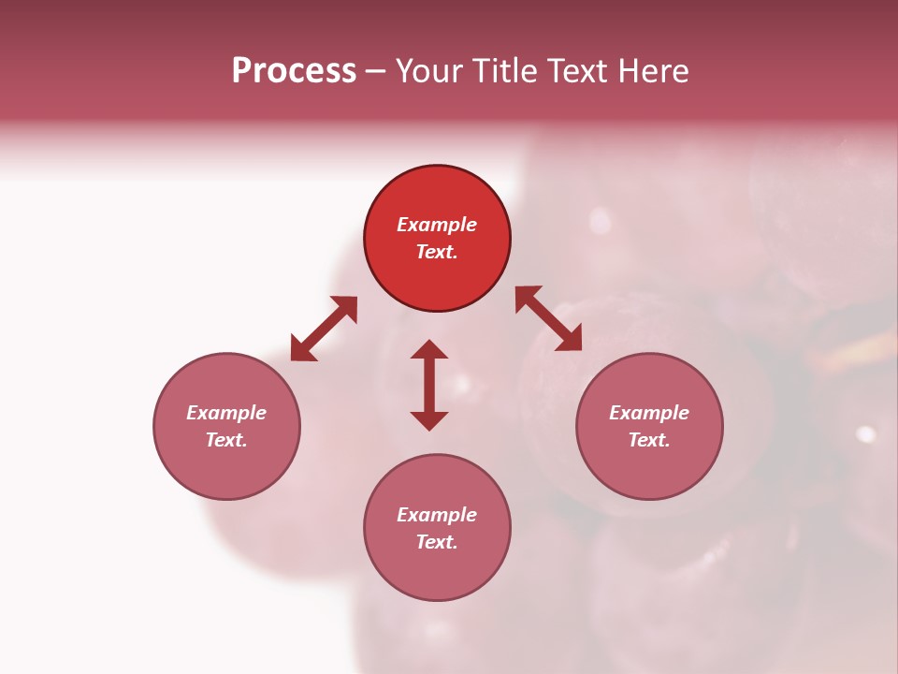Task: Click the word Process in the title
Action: (x=294, y=71)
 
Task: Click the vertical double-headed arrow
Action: (x=429, y=385)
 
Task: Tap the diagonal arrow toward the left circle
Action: (x=324, y=329)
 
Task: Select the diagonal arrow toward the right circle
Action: (x=549, y=318)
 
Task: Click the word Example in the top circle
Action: (x=437, y=225)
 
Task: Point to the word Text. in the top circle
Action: (x=437, y=252)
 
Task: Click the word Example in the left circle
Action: (x=226, y=413)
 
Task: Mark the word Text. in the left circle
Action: (x=226, y=440)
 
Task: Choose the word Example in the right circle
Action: (x=649, y=413)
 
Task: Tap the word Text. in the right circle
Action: (x=649, y=440)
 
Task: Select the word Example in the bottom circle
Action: (x=437, y=515)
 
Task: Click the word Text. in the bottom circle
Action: (x=437, y=542)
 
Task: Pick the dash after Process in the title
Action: (x=376, y=72)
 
